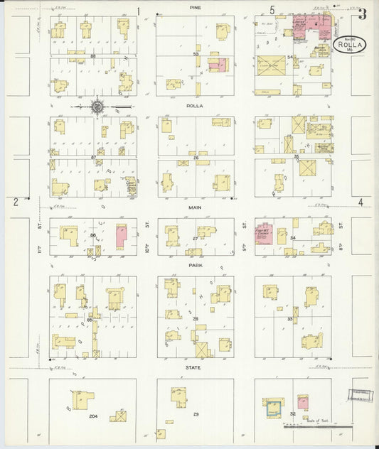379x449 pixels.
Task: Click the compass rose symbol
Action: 97,107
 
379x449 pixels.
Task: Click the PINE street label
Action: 195,7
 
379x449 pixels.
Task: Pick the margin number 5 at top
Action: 272,10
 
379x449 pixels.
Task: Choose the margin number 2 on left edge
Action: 15,202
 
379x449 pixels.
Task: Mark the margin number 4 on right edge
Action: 361,202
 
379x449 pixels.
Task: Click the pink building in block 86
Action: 121,237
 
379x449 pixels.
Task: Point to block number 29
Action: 196,413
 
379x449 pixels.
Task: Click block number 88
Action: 93,54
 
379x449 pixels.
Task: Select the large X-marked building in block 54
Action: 272,65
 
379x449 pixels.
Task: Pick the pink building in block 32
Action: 303,403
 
